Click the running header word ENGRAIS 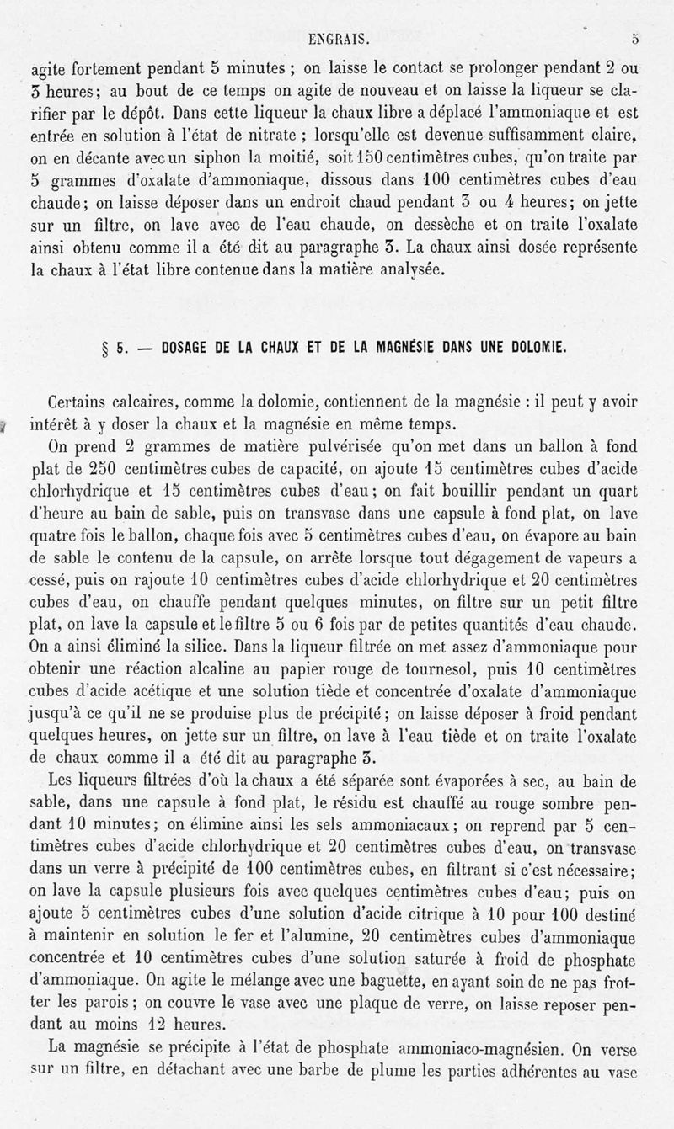336,38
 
